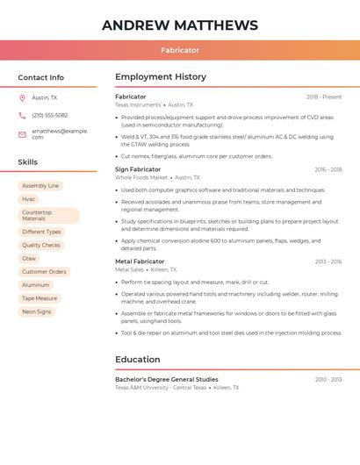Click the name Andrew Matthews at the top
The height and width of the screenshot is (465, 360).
pyautogui.click(x=180, y=25)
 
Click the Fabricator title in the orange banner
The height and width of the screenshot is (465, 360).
pyautogui.click(x=180, y=50)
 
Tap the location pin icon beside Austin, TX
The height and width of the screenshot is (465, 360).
pyautogui.click(x=22, y=97)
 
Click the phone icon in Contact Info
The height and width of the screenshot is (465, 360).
pyautogui.click(x=22, y=115)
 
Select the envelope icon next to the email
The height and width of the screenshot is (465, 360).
pyautogui.click(x=22, y=134)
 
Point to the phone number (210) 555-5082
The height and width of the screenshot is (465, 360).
pyautogui.click(x=50, y=115)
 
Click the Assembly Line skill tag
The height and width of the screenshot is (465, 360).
pyautogui.click(x=40, y=186)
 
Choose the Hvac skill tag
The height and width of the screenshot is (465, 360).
pyautogui.click(x=29, y=199)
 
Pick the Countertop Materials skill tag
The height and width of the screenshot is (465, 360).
pyautogui.click(x=48, y=215)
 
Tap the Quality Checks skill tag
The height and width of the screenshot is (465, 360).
pyautogui.click(x=41, y=246)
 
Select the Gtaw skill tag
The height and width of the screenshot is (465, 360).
pyautogui.click(x=29, y=259)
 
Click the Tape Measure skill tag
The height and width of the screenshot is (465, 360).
pyautogui.click(x=40, y=298)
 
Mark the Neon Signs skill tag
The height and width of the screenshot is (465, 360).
pyautogui.click(x=37, y=311)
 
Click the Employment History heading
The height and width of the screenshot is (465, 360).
pyautogui.click(x=161, y=77)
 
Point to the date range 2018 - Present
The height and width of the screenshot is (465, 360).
pyautogui.click(x=324, y=97)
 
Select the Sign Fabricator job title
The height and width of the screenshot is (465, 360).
pyautogui.click(x=138, y=169)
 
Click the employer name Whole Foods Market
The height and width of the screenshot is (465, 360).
pyautogui.click(x=140, y=177)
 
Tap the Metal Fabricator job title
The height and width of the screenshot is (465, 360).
pyautogui.click(x=140, y=261)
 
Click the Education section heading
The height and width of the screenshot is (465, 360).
pyautogui.click(x=138, y=360)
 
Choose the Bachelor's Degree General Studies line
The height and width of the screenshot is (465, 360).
pyautogui.click(x=167, y=379)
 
